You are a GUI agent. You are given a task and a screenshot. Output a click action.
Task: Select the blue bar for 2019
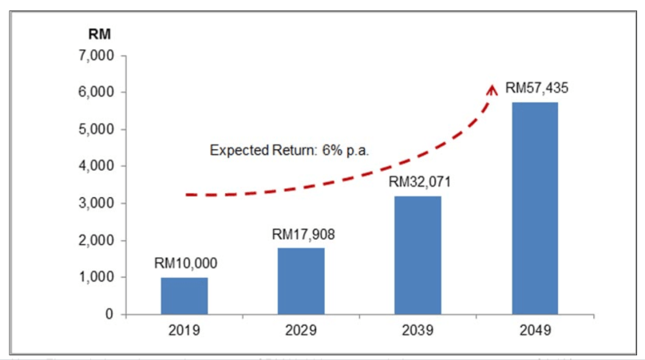[184, 295]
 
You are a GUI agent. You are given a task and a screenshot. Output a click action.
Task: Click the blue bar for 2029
[301, 280]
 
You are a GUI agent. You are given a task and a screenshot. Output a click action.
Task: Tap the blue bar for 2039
[417, 255]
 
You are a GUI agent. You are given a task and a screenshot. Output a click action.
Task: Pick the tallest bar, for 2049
[535, 208]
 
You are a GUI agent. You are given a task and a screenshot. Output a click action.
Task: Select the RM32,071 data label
[417, 182]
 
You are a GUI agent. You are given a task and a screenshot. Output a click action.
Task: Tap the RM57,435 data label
[536, 88]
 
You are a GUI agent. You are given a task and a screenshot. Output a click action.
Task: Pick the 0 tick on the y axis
[110, 315]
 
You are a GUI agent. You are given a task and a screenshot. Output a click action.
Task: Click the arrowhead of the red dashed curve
[493, 87]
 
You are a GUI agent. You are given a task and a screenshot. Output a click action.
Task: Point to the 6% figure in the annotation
[330, 150]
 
